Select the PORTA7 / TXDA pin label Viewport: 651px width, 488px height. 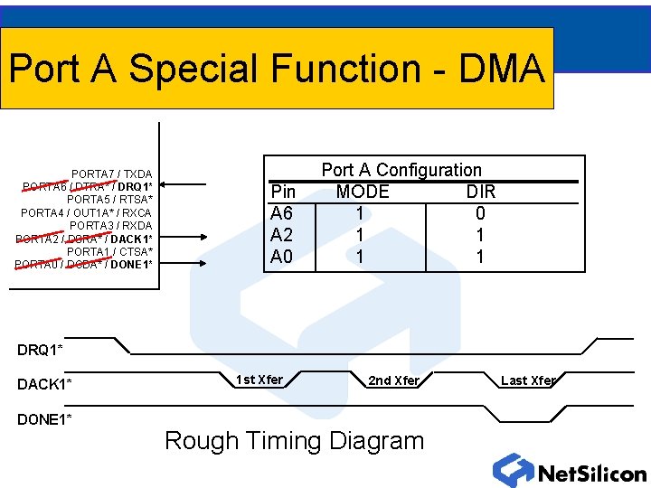(112, 174)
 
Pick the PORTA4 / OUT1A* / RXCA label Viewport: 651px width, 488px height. (87, 212)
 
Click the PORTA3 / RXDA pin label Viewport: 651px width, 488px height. (111, 225)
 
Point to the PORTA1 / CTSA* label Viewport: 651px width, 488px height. (109, 251)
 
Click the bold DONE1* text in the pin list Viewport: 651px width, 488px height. (132, 264)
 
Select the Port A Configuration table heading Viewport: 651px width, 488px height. (401, 170)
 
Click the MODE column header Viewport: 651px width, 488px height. (363, 192)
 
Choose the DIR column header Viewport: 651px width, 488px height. (481, 192)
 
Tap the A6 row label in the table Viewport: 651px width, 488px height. (282, 213)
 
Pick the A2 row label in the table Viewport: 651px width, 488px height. (282, 235)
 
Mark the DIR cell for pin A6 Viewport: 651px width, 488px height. (480, 213)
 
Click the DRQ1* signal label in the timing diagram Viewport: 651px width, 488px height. (40, 350)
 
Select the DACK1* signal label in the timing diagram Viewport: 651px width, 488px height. (44, 385)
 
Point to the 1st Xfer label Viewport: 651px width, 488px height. (259, 380)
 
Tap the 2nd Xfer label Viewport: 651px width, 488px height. (393, 380)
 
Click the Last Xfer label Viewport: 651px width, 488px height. (527, 380)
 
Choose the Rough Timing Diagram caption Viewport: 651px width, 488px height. (294, 441)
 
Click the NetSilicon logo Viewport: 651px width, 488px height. (570, 471)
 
